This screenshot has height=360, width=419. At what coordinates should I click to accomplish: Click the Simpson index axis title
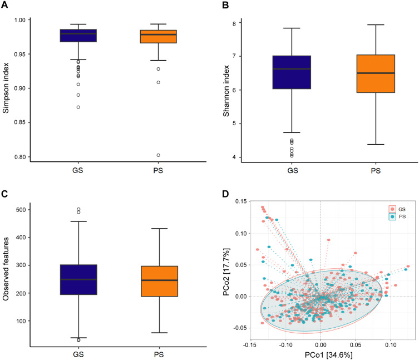point(6,87)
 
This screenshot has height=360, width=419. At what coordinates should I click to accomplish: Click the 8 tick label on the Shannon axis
point(228,23)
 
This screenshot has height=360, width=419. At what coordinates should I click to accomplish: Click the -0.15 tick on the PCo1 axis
point(251,344)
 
